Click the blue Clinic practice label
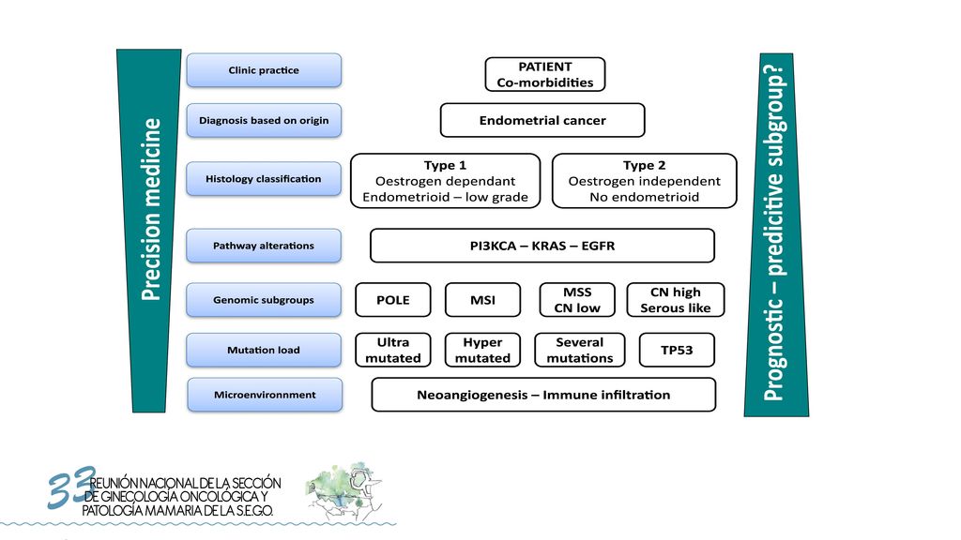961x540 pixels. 264,69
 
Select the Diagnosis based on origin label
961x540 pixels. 264,120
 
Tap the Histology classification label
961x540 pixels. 264,179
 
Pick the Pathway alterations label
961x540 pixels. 264,246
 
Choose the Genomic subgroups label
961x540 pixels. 264,300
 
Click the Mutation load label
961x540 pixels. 264,351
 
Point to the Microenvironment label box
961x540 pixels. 265,395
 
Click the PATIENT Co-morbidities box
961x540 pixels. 545,75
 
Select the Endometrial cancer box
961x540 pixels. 542,120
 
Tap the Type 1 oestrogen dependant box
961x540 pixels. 446,181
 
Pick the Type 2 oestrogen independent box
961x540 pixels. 644,181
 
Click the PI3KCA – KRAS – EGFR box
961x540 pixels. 542,246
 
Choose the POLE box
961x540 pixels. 393,300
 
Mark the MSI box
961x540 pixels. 483,300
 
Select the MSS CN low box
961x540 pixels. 577,300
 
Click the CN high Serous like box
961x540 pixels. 676,300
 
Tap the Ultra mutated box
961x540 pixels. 393,351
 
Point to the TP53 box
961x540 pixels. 677,351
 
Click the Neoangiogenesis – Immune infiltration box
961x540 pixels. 543,395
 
